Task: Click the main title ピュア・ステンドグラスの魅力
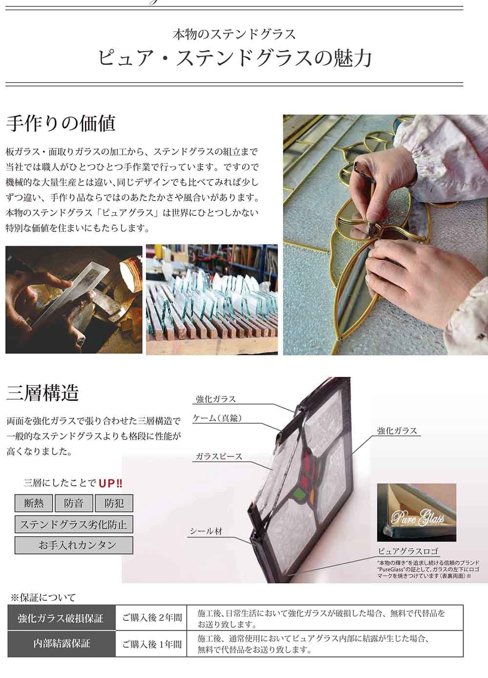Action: [x=235, y=58]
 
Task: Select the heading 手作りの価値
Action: [x=61, y=123]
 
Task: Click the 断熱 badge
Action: [x=33, y=503]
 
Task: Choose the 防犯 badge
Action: [x=113, y=503]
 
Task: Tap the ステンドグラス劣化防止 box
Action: [x=74, y=525]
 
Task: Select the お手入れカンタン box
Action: [x=74, y=545]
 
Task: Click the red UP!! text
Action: [x=111, y=483]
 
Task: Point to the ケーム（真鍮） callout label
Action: [x=218, y=418]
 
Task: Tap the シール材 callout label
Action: [x=206, y=531]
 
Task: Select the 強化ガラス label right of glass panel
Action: [x=397, y=431]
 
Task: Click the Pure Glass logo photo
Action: [x=417, y=513]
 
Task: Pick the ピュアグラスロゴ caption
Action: [x=408, y=552]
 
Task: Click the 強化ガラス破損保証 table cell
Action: [x=61, y=618]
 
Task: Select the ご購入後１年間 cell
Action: [x=152, y=644]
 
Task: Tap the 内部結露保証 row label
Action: [x=61, y=644]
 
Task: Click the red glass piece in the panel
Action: [x=307, y=461]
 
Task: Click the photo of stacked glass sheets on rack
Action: [x=212, y=299]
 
